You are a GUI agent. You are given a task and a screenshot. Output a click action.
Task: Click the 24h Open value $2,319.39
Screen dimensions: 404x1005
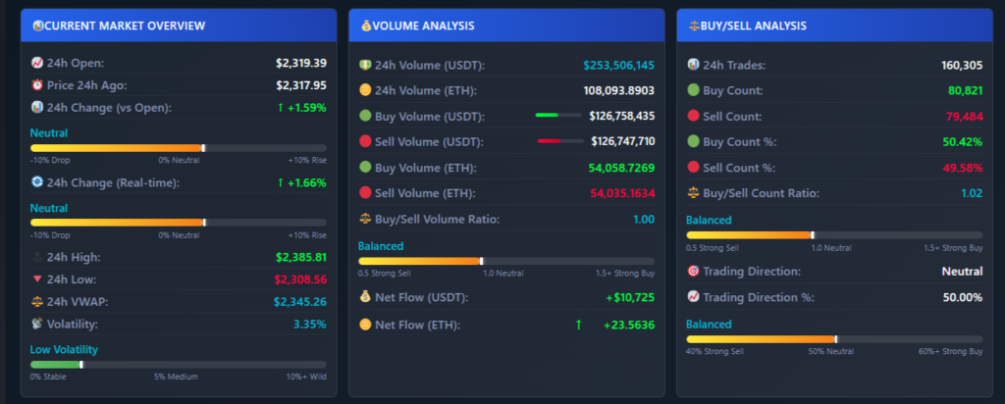click(x=301, y=63)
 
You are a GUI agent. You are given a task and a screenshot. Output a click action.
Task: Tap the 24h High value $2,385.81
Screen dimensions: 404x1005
click(x=301, y=257)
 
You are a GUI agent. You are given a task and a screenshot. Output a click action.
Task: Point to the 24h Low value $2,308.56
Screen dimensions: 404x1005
click(x=301, y=279)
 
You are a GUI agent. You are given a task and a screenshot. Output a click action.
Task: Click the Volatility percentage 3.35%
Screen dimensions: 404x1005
click(x=310, y=324)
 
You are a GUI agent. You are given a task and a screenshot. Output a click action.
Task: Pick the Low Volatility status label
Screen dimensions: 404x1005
click(x=64, y=349)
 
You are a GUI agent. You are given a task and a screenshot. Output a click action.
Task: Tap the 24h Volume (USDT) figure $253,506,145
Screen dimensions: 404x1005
click(x=618, y=66)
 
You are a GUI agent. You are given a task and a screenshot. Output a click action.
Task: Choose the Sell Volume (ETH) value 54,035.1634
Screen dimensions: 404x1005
click(x=622, y=193)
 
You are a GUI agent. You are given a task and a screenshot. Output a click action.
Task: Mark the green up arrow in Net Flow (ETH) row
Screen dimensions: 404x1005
click(x=578, y=324)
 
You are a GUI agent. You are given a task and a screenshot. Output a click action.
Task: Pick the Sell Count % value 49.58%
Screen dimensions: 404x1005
click(x=960, y=168)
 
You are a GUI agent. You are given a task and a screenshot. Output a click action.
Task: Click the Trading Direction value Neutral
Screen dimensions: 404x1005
click(x=962, y=271)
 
